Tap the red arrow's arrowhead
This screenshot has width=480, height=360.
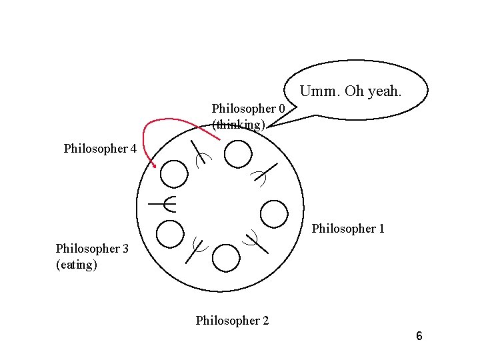pyautogui.click(x=155, y=165)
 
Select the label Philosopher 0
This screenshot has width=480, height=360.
pyautogui.click(x=248, y=108)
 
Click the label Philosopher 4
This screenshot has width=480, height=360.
pyautogui.click(x=100, y=149)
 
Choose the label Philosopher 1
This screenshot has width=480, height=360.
pyautogui.click(x=348, y=229)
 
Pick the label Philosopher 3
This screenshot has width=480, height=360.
pyautogui.click(x=92, y=249)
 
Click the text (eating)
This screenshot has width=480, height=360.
pyautogui.click(x=77, y=265)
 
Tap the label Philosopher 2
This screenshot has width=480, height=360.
pyautogui.click(x=232, y=321)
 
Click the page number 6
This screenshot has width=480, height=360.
pyautogui.click(x=419, y=336)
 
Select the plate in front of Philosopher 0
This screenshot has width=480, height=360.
pyautogui.click(x=238, y=155)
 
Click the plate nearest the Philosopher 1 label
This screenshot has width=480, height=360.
pyautogui.click(x=273, y=214)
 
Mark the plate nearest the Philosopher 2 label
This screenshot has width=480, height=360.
pyautogui.click(x=227, y=257)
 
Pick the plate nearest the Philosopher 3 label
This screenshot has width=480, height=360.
pyautogui.click(x=169, y=234)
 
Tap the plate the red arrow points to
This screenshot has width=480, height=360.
pyautogui.click(x=175, y=175)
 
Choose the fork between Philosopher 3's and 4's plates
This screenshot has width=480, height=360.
pyautogui.click(x=164, y=203)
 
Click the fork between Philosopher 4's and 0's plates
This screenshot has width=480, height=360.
pyautogui.click(x=199, y=154)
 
